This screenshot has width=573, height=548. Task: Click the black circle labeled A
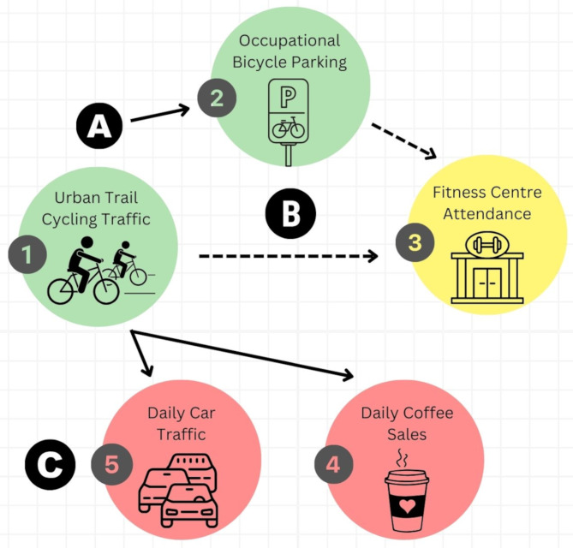[99, 128]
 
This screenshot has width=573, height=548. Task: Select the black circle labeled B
[290, 214]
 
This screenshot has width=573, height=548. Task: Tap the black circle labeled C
[51, 465]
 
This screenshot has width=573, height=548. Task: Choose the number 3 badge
[415, 242]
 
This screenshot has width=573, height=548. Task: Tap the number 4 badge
[334, 465]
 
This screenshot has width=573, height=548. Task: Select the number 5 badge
[111, 464]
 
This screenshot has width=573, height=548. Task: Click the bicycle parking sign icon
[288, 120]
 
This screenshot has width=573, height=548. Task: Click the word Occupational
[289, 40]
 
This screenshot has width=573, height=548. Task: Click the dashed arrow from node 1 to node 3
[288, 256]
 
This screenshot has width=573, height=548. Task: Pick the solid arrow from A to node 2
[160, 115]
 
